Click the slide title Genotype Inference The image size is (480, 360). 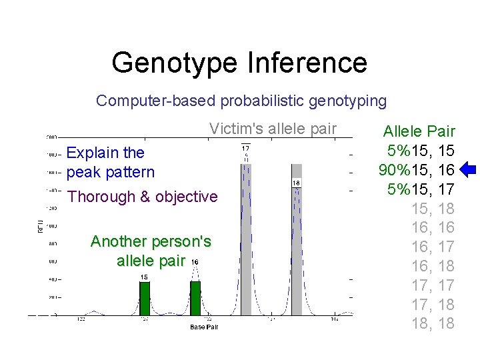[239, 63]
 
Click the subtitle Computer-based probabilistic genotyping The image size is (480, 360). [241, 101]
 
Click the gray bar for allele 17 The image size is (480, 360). [246, 240]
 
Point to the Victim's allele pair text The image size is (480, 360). [273, 129]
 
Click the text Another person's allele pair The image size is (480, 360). [151, 251]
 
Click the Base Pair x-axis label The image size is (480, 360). [203, 327]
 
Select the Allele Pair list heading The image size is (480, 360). [419, 131]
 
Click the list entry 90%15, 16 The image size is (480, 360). [417, 170]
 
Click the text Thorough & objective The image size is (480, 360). [143, 197]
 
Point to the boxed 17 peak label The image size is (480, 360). [245, 148]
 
